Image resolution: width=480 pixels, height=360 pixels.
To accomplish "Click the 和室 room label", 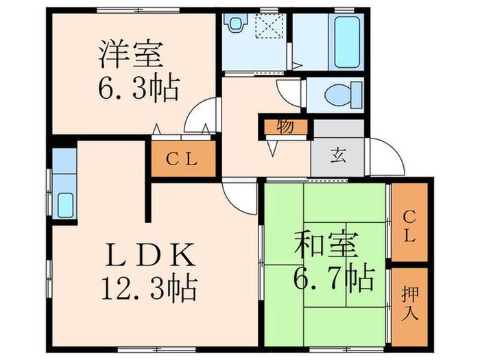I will click(x=321, y=245).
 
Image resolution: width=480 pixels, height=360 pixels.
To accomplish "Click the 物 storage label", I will click(x=283, y=128).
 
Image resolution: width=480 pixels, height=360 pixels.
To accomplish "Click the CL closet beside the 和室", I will click(x=409, y=226).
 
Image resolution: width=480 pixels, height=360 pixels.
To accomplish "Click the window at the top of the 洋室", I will click(x=138, y=9).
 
